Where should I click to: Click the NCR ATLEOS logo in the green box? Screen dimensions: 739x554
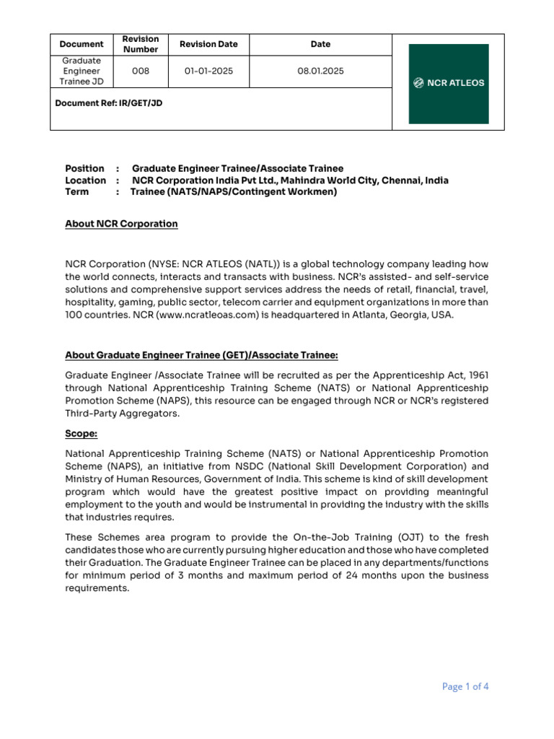[449, 83]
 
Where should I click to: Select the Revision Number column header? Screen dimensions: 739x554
[141, 44]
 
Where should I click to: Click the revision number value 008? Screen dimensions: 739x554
[141, 71]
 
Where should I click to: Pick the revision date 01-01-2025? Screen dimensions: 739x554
[208, 71]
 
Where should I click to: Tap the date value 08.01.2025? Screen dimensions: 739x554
[320, 71]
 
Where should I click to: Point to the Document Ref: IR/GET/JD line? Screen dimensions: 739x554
[109, 103]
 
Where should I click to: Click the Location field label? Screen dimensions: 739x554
[85, 180]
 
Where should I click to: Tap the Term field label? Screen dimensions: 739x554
[76, 192]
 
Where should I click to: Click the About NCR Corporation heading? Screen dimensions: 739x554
[121, 224]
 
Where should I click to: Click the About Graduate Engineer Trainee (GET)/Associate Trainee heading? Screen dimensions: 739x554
[201, 355]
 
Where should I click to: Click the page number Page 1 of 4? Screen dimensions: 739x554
[465, 686]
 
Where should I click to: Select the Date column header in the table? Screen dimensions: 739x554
[320, 44]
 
